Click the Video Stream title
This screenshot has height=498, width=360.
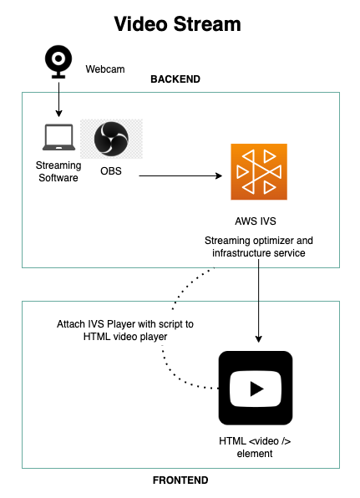(x=177, y=24)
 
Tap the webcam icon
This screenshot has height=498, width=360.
(x=58, y=62)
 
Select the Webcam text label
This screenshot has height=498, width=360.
(x=105, y=69)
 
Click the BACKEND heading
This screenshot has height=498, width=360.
(x=175, y=79)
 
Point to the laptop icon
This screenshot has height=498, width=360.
(x=59, y=137)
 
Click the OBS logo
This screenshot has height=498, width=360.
(x=111, y=139)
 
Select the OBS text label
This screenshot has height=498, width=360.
(x=111, y=170)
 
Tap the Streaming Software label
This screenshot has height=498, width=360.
(x=58, y=171)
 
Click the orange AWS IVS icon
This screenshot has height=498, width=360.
(x=259, y=172)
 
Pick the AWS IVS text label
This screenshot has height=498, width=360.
(x=256, y=221)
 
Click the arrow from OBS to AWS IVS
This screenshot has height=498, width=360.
(x=180, y=175)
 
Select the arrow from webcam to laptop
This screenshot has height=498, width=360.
(x=58, y=99)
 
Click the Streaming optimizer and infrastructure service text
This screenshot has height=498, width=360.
(x=259, y=246)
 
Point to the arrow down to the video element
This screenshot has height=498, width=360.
(x=259, y=301)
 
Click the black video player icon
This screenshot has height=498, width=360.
(x=256, y=388)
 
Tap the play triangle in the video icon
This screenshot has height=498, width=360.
(x=256, y=389)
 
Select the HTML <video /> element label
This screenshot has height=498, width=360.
(x=255, y=447)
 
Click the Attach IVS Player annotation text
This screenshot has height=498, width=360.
(x=125, y=330)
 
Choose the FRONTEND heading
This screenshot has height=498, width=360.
(x=180, y=480)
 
